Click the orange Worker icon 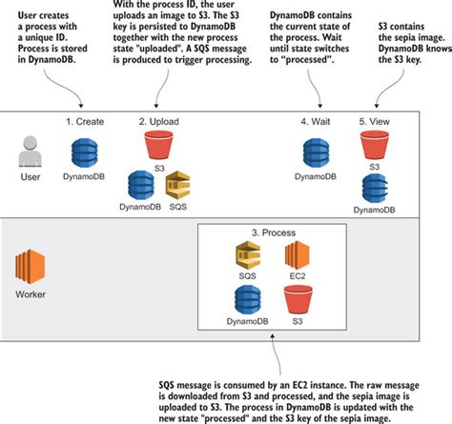[31, 265]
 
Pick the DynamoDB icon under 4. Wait [316, 153]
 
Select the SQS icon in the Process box [249, 255]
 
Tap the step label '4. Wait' [316, 122]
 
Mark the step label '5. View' [376, 122]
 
